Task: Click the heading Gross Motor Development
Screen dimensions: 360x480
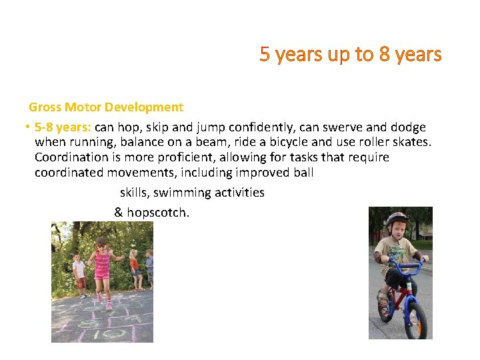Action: tap(105, 107)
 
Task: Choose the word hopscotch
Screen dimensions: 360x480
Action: tap(157, 213)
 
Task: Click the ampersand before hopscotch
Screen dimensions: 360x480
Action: tap(119, 213)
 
